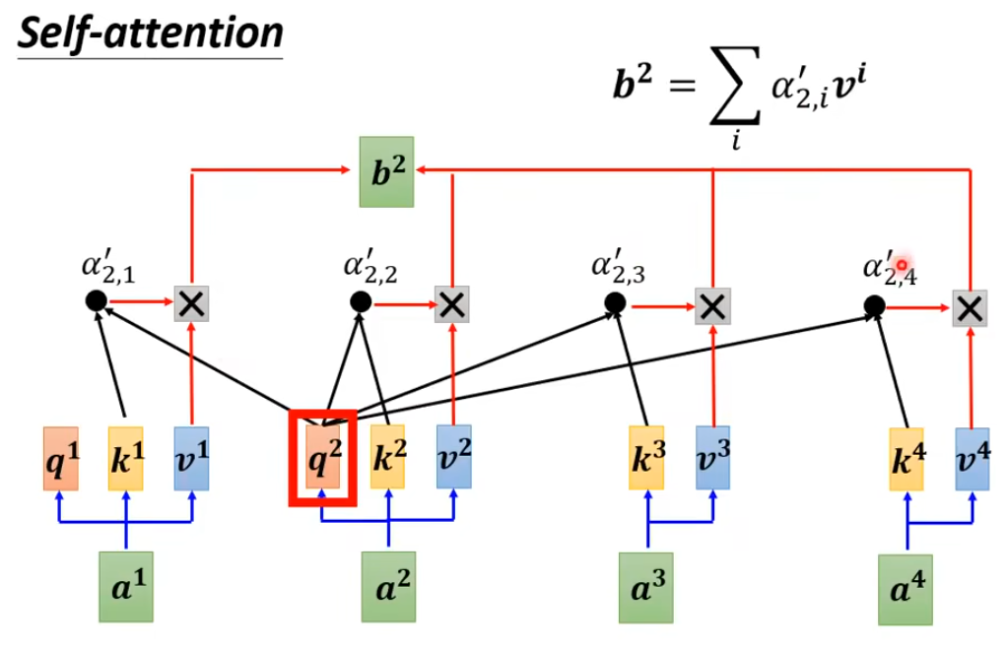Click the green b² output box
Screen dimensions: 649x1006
(387, 172)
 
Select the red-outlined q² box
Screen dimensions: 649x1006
(322, 459)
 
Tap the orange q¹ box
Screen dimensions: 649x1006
(60, 459)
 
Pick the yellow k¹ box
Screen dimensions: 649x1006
(126, 459)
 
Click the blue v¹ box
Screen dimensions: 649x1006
(191, 459)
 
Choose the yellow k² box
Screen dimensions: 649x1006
(387, 459)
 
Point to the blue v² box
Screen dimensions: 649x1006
(453, 459)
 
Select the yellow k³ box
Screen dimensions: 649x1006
(646, 459)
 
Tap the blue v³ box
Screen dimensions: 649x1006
(712, 459)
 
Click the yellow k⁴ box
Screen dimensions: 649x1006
(905, 459)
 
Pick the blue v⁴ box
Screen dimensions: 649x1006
(972, 459)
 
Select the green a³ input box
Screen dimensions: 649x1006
(646, 588)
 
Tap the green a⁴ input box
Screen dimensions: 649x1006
(905, 589)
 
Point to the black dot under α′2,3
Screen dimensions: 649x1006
(615, 304)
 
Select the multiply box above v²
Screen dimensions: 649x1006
(452, 304)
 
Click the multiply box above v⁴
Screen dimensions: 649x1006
(971, 308)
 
